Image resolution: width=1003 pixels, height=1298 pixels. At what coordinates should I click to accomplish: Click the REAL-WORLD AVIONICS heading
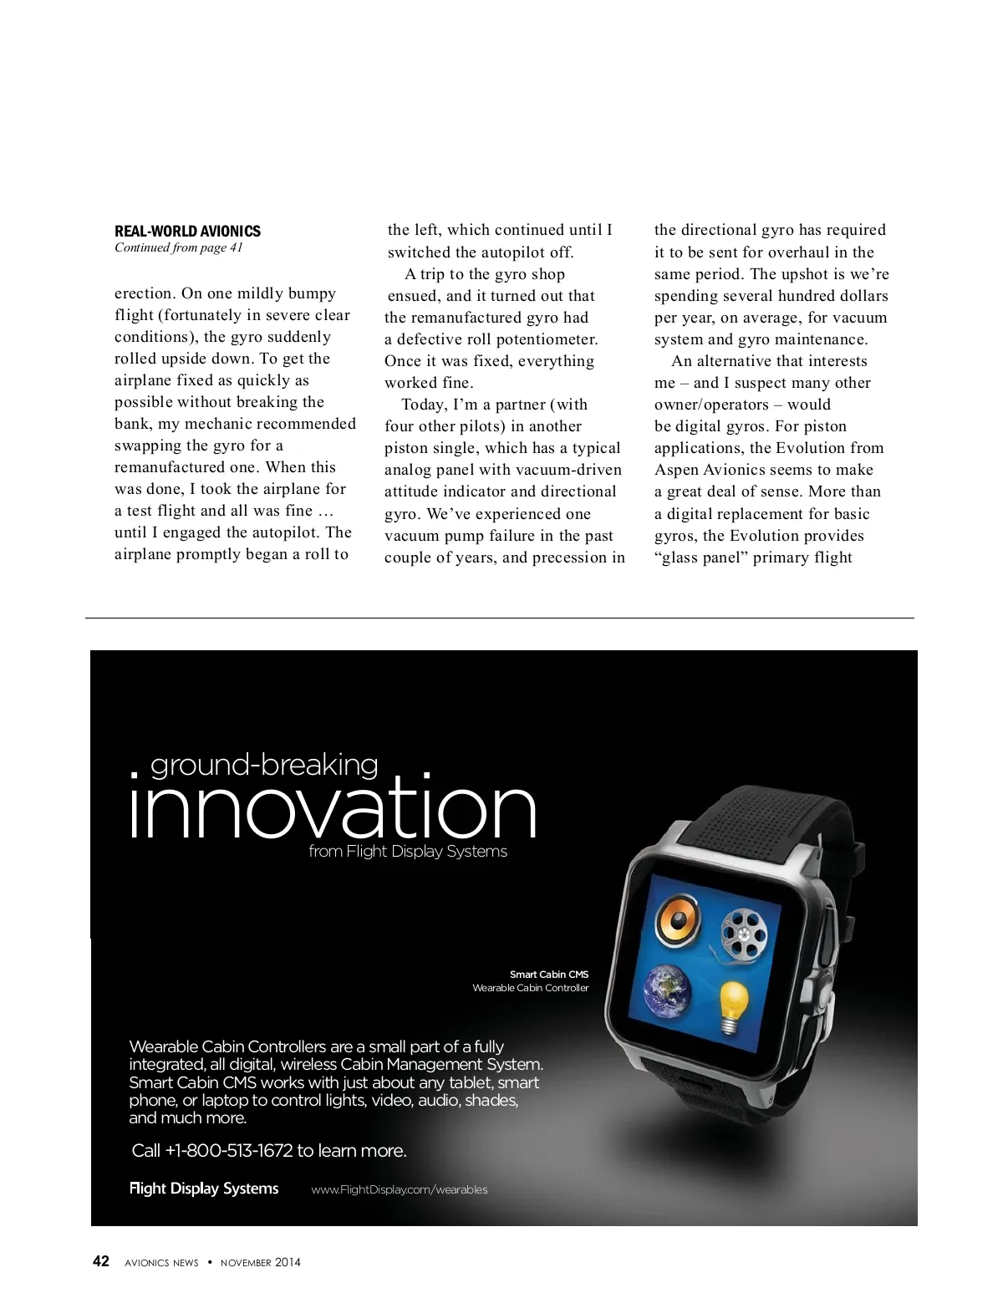click(x=187, y=231)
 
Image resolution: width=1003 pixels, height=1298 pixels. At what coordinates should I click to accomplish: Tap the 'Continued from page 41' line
click(x=178, y=247)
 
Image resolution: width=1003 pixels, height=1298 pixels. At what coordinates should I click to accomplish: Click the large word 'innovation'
click(x=333, y=809)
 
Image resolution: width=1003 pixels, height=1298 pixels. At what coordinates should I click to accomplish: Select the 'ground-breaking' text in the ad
click(x=264, y=765)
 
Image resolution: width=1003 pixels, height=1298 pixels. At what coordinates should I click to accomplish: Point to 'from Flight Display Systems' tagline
click(x=408, y=852)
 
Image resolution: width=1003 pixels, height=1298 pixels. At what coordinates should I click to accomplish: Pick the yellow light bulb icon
click(x=733, y=1003)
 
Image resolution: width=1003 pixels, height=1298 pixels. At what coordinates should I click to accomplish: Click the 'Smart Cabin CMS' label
click(x=549, y=975)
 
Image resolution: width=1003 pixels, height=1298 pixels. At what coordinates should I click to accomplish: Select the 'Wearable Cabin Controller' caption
click(x=531, y=988)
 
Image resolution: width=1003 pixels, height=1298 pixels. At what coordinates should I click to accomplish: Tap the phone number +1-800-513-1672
click(x=229, y=1151)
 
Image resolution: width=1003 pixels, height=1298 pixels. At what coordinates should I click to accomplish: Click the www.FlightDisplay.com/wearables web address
click(x=400, y=1189)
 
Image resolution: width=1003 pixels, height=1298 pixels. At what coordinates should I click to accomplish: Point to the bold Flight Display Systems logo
click(x=204, y=1189)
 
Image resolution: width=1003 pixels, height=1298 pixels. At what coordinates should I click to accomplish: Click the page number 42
click(x=101, y=1261)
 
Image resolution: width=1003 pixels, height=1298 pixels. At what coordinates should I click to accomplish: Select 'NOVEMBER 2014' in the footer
click(x=260, y=1262)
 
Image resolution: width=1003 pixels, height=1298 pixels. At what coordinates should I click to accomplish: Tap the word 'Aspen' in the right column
click(x=679, y=470)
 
